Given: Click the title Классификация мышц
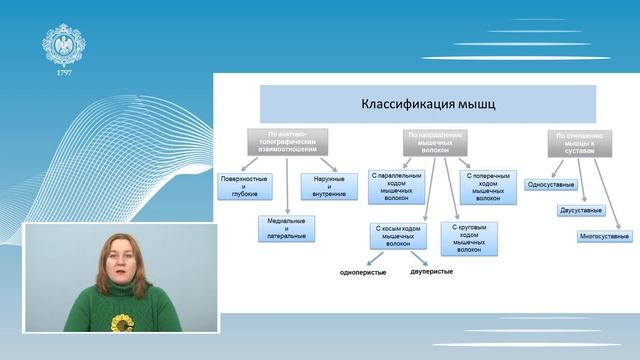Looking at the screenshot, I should (x=427, y=104).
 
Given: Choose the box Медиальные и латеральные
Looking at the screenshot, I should (x=287, y=227).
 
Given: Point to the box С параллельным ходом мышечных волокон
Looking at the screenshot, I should (x=395, y=184).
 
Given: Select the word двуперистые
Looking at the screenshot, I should (x=431, y=272).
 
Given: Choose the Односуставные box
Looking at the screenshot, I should (x=549, y=185).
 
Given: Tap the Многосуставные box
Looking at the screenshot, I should (x=604, y=236).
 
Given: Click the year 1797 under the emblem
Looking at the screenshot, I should (x=63, y=74).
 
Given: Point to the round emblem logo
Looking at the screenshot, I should (x=63, y=43).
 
